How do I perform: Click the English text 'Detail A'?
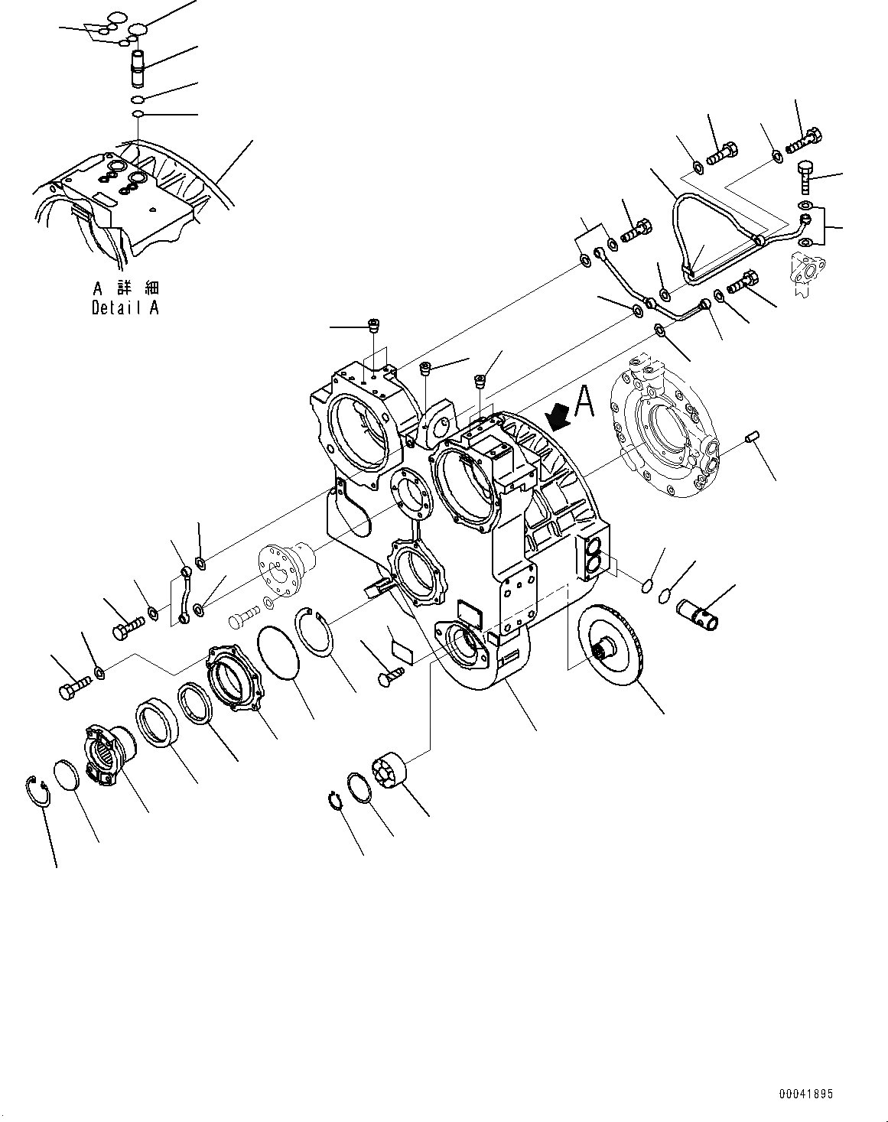pos(125,308)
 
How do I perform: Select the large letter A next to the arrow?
pos(585,401)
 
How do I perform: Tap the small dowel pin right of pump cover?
pos(750,437)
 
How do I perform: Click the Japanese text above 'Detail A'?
pos(125,288)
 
